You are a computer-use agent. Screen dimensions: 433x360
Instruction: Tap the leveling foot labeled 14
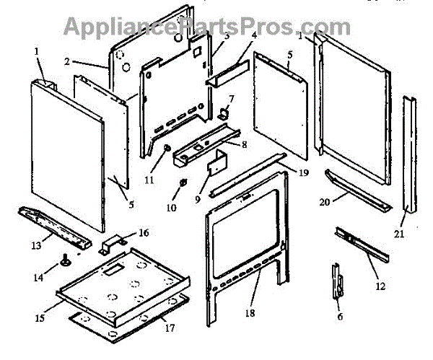66,261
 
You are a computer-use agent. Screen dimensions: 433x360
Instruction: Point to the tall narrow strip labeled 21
409,155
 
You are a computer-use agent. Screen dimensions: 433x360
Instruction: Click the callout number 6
341,316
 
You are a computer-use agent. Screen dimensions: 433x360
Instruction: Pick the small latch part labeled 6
337,281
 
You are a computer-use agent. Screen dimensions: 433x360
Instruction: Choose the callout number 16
144,233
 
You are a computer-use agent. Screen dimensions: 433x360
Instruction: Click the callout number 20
325,203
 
